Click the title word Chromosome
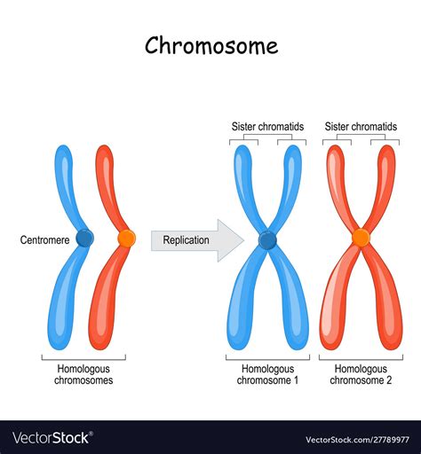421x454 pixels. (x=210, y=46)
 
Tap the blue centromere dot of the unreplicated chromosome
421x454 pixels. (x=84, y=238)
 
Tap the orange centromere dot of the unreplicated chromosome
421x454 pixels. (x=126, y=238)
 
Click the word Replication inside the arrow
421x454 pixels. (x=186, y=239)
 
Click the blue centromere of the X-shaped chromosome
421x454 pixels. (x=267, y=239)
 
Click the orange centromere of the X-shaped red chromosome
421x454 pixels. (x=361, y=238)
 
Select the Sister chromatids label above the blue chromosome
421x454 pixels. (x=268, y=127)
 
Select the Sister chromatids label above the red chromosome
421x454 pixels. (x=361, y=127)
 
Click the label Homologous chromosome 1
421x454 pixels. (x=268, y=375)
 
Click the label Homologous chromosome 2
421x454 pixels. (x=361, y=375)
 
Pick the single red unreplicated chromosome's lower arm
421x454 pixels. (x=103, y=306)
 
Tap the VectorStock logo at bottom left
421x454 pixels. (x=52, y=438)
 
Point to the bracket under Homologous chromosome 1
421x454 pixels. (x=268, y=358)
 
